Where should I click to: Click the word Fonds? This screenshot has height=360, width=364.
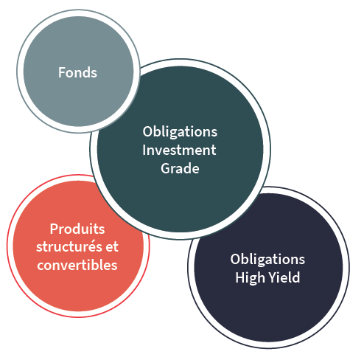(x=77, y=72)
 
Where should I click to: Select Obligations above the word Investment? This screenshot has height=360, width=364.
(x=180, y=132)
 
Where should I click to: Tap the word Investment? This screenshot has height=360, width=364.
(x=179, y=150)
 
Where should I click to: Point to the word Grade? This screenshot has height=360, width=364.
(x=180, y=168)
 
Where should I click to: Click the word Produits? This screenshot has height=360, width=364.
(x=77, y=229)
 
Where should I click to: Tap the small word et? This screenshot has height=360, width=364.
(x=112, y=247)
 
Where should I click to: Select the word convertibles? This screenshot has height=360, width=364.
(x=77, y=265)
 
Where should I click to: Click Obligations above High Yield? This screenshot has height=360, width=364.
(x=267, y=260)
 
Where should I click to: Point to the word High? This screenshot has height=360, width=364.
(x=250, y=278)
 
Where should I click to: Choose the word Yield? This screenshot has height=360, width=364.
(x=284, y=277)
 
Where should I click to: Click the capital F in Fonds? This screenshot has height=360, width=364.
(x=62, y=72)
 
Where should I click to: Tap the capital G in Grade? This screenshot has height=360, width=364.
(x=167, y=169)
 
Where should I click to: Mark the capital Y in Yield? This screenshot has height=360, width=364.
(x=273, y=277)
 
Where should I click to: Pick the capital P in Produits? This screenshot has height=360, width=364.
(x=54, y=229)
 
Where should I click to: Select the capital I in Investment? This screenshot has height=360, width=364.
(x=144, y=150)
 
